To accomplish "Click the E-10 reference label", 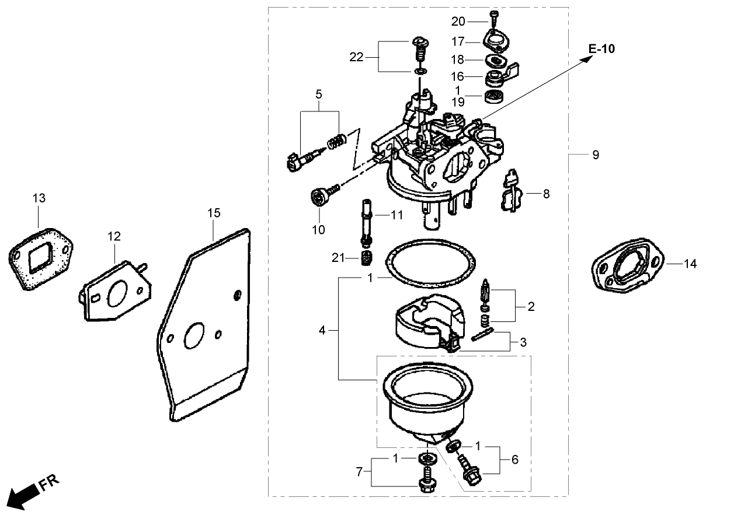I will point(601,49).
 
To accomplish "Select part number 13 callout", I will point(39,199).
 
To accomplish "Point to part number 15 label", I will point(214,213).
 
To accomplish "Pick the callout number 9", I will point(595,155).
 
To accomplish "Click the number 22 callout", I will point(357,57).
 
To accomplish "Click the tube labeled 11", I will point(367,222).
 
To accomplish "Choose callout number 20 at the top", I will point(458,22).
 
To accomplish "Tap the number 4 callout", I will point(322,331).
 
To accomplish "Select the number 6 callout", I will point(514,460).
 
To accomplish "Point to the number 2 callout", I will point(531,306).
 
